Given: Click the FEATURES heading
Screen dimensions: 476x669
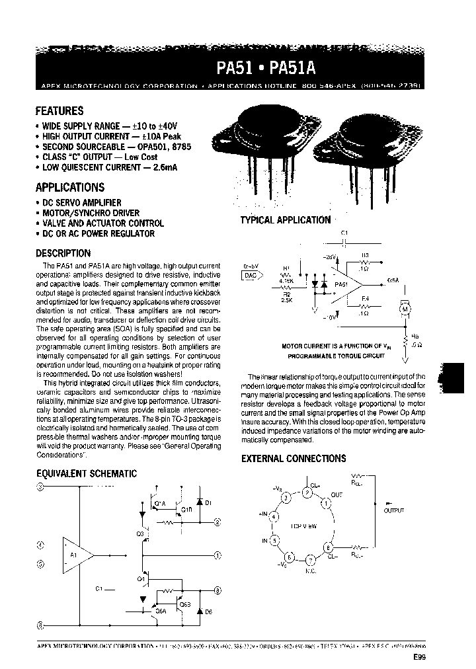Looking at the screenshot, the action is click(59, 111).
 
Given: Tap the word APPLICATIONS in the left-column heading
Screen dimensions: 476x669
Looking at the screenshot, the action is click(69, 187).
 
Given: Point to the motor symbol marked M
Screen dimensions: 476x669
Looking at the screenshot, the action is click(404, 307).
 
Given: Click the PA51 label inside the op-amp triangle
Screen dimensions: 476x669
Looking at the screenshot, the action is click(341, 284).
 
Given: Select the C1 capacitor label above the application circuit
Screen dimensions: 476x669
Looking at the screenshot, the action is click(343, 233).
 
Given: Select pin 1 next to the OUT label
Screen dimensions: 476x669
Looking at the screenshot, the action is click(327, 503).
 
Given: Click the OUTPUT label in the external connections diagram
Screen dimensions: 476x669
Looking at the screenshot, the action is click(393, 510).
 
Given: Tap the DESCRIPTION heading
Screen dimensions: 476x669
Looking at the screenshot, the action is click(63, 253).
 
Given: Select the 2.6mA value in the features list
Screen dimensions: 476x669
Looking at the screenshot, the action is click(165, 168).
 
